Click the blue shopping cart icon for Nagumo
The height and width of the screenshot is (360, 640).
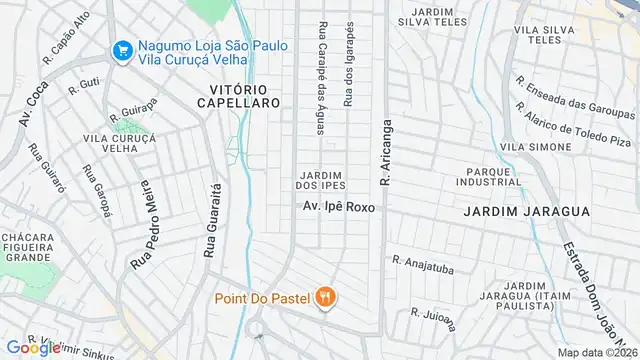123,48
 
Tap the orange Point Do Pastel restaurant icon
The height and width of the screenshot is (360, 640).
325,296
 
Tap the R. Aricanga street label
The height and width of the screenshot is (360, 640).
383,152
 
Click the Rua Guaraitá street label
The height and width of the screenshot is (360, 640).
211,220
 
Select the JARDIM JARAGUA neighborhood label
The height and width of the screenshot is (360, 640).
511,212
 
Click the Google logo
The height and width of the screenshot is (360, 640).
33,347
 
